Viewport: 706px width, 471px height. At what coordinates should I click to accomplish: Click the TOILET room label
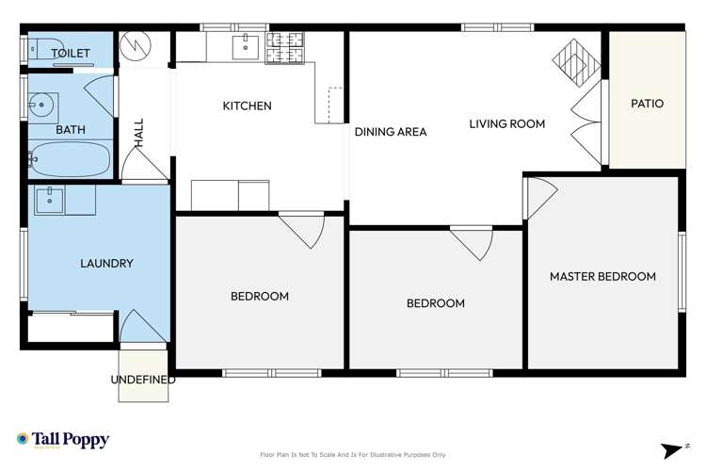pyautogui.click(x=71, y=54)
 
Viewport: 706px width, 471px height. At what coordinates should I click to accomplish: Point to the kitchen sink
pyautogui.click(x=249, y=43)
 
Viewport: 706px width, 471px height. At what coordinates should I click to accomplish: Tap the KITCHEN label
pyautogui.click(x=247, y=106)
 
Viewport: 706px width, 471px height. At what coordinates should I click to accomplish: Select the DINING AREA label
pyautogui.click(x=391, y=132)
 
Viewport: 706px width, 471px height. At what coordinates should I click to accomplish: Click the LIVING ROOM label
pyautogui.click(x=507, y=124)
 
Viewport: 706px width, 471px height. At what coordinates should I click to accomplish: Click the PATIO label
pyautogui.click(x=646, y=104)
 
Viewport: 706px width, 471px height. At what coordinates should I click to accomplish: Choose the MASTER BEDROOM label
pyautogui.click(x=602, y=276)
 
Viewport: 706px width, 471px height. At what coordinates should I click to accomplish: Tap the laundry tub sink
pyautogui.click(x=50, y=199)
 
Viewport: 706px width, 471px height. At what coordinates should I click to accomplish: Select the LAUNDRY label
pyautogui.click(x=105, y=264)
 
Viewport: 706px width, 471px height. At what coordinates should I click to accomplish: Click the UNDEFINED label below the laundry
pyautogui.click(x=143, y=380)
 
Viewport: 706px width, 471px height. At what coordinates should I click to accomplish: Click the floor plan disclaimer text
pyautogui.click(x=352, y=455)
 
